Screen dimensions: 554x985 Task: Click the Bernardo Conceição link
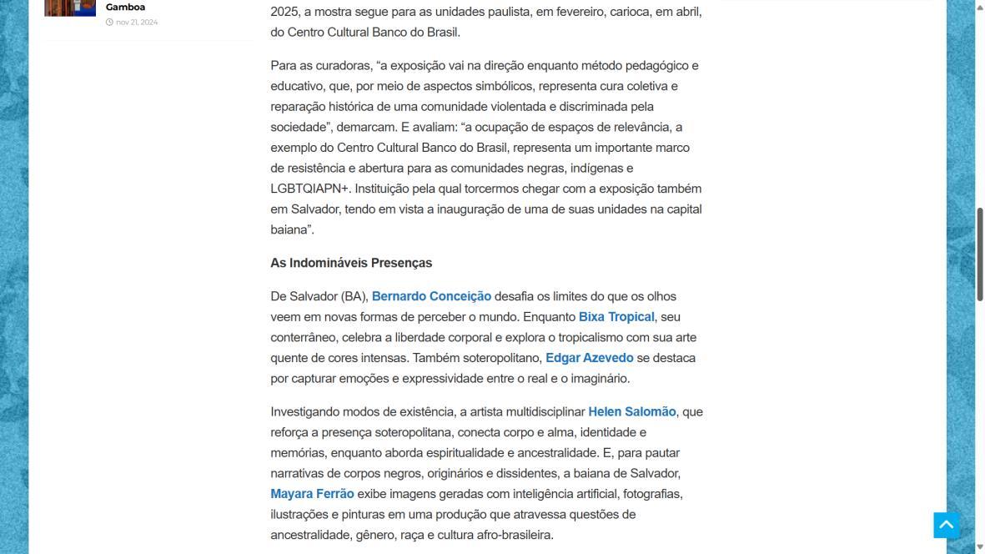point(431,296)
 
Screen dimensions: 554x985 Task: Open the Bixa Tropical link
point(616,317)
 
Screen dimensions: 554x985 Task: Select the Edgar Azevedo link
point(589,358)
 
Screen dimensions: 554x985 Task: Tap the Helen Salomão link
point(631,411)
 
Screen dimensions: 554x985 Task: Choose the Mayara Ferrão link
point(312,494)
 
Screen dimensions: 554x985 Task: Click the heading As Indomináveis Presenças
point(351,263)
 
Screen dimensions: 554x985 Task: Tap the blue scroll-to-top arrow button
point(946,525)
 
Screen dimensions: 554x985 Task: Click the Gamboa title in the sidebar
point(125,7)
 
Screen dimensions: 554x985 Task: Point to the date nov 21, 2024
point(137,23)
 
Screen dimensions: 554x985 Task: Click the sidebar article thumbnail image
point(70,8)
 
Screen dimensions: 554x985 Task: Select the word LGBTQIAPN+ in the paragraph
point(309,189)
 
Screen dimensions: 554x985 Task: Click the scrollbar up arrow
point(980,7)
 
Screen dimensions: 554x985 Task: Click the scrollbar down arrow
point(980,546)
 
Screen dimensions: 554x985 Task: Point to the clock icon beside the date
point(109,23)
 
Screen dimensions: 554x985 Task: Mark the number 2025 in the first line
point(284,12)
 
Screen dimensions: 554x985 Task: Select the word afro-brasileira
point(514,535)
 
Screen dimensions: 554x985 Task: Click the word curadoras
point(341,65)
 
